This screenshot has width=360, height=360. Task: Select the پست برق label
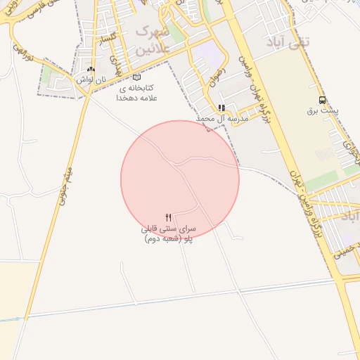[x=322, y=111]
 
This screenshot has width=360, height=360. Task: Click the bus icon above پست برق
[x=322, y=100]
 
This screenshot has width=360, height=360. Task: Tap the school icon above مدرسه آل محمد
[x=221, y=108]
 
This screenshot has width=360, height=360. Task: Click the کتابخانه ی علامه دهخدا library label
[x=136, y=93]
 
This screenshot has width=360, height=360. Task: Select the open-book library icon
[x=136, y=77]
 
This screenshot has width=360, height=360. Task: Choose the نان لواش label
[x=91, y=79]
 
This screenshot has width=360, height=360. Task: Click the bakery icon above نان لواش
[x=91, y=70]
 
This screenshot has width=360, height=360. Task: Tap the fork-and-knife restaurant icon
[x=168, y=218]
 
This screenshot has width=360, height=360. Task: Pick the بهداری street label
[x=127, y=69]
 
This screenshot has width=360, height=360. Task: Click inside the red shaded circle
[x=180, y=179]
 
